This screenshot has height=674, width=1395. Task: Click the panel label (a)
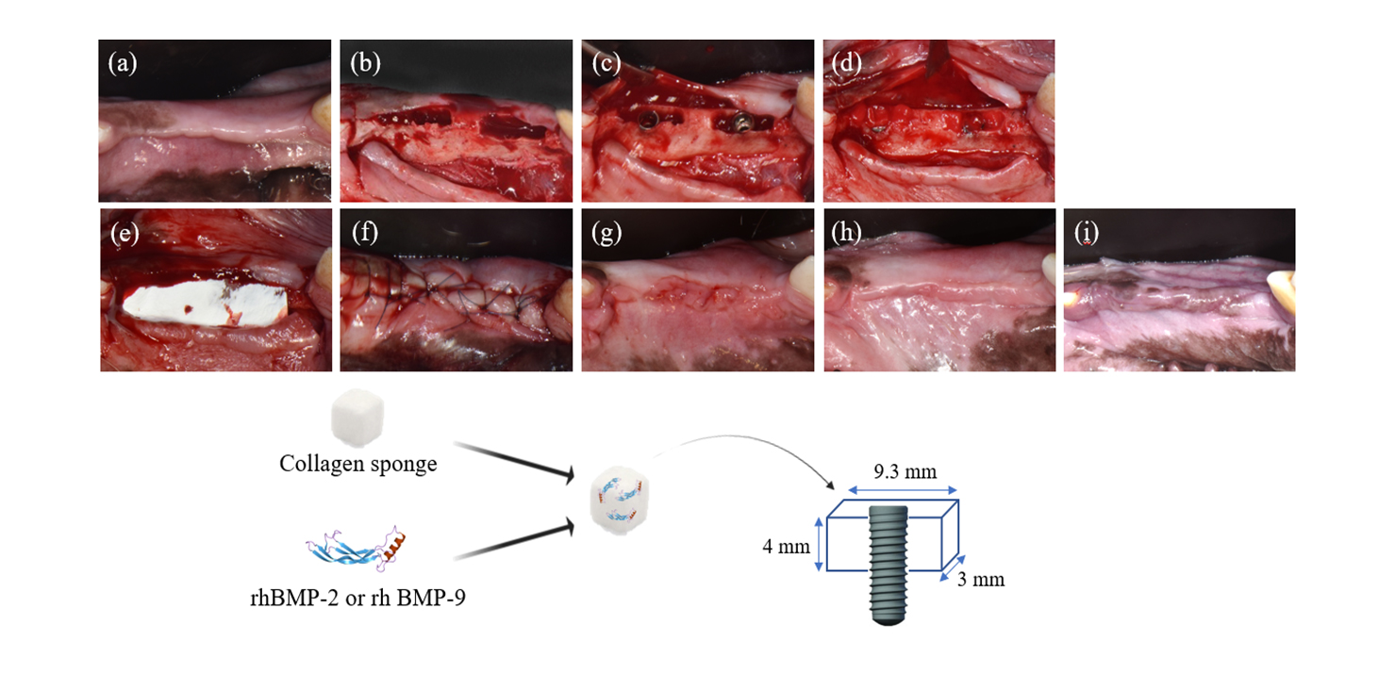tap(121, 63)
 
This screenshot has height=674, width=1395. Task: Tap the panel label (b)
tap(363, 63)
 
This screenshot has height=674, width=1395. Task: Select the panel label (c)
tap(604, 63)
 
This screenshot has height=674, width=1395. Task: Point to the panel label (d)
tap(846, 63)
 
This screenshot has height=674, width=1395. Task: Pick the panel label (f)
tap(362, 233)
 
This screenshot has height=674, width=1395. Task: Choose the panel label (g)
tap(605, 233)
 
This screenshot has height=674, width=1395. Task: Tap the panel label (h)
tap(846, 233)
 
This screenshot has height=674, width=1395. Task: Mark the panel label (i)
tap(1086, 233)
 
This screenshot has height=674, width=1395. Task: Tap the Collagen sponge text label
tap(357, 464)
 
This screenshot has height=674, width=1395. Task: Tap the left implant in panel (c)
tap(649, 121)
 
